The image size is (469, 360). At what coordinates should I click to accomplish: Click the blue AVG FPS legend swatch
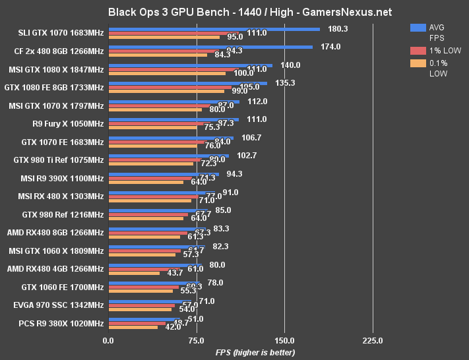click(417, 28)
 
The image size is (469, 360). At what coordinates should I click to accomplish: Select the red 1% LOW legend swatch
click(417, 51)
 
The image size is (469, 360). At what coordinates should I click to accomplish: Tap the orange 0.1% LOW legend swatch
click(417, 63)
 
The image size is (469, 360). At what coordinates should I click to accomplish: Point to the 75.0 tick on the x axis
click(196, 340)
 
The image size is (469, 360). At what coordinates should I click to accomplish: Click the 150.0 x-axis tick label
click(284, 340)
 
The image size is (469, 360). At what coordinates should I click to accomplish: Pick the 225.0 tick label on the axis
click(373, 340)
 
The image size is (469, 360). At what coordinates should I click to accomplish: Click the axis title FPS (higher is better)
click(255, 353)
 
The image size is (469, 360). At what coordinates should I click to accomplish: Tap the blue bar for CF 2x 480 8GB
click(210, 47)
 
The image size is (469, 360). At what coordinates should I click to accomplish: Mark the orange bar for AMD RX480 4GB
click(134, 273)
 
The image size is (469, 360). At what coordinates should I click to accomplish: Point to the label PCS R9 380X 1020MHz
click(63, 324)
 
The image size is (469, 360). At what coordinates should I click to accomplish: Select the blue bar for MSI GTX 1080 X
click(191, 65)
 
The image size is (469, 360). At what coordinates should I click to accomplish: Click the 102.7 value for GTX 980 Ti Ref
click(246, 156)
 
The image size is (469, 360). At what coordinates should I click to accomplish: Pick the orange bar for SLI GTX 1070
click(164, 37)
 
